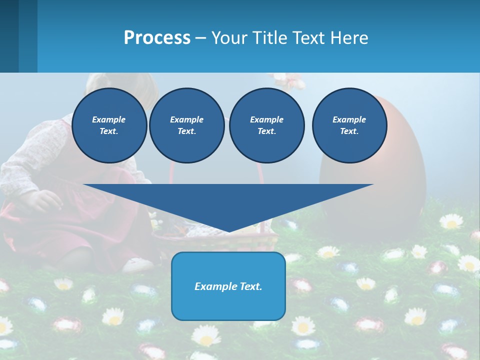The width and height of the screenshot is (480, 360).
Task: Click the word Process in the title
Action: click(157, 38)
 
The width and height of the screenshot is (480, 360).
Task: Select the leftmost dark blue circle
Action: click(109, 125)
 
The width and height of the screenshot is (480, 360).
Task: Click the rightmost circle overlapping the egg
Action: click(349, 125)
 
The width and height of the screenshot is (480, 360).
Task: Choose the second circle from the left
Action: click(186, 125)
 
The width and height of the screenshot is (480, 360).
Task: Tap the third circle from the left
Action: click(266, 125)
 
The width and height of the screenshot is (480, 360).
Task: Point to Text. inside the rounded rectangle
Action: click(250, 286)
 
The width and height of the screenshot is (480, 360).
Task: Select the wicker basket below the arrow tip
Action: click(215, 240)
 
